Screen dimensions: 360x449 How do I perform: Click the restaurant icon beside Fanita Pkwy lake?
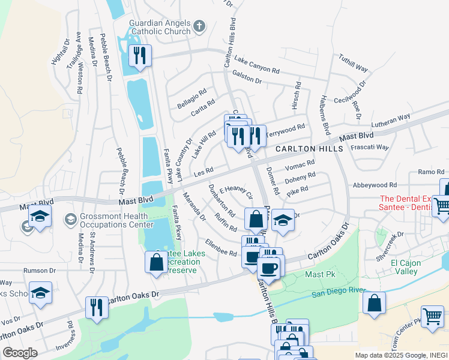[x=140, y=56]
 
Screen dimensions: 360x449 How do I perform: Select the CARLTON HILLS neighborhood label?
[x=309, y=149]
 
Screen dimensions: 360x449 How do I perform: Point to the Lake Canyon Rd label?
[x=257, y=65]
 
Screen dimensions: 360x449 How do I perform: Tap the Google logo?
[x=20, y=353]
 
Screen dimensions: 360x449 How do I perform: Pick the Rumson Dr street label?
[x=40, y=271]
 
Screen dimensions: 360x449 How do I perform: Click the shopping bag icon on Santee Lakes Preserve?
[x=156, y=262]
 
